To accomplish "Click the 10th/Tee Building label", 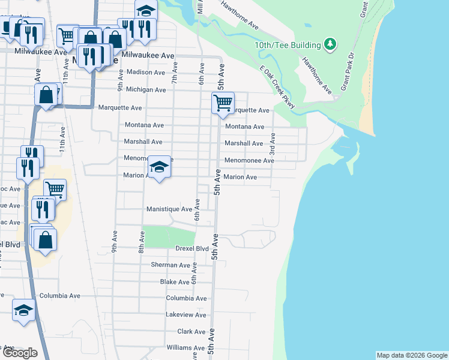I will click(288, 45).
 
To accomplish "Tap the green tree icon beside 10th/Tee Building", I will click(330, 44).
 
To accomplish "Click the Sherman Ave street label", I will click(170, 265).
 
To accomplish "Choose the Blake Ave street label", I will click(175, 281).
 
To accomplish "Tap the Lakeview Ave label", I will click(186, 314).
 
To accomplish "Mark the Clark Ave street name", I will click(191, 331).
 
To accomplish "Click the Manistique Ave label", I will click(169, 209).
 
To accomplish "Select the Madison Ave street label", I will click(146, 73).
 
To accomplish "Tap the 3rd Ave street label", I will click(272, 143).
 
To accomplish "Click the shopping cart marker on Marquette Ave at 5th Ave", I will click(223, 103).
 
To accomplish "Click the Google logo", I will click(20, 352).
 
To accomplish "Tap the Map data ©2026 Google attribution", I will click(412, 355).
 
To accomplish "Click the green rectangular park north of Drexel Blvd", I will click(170, 236).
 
